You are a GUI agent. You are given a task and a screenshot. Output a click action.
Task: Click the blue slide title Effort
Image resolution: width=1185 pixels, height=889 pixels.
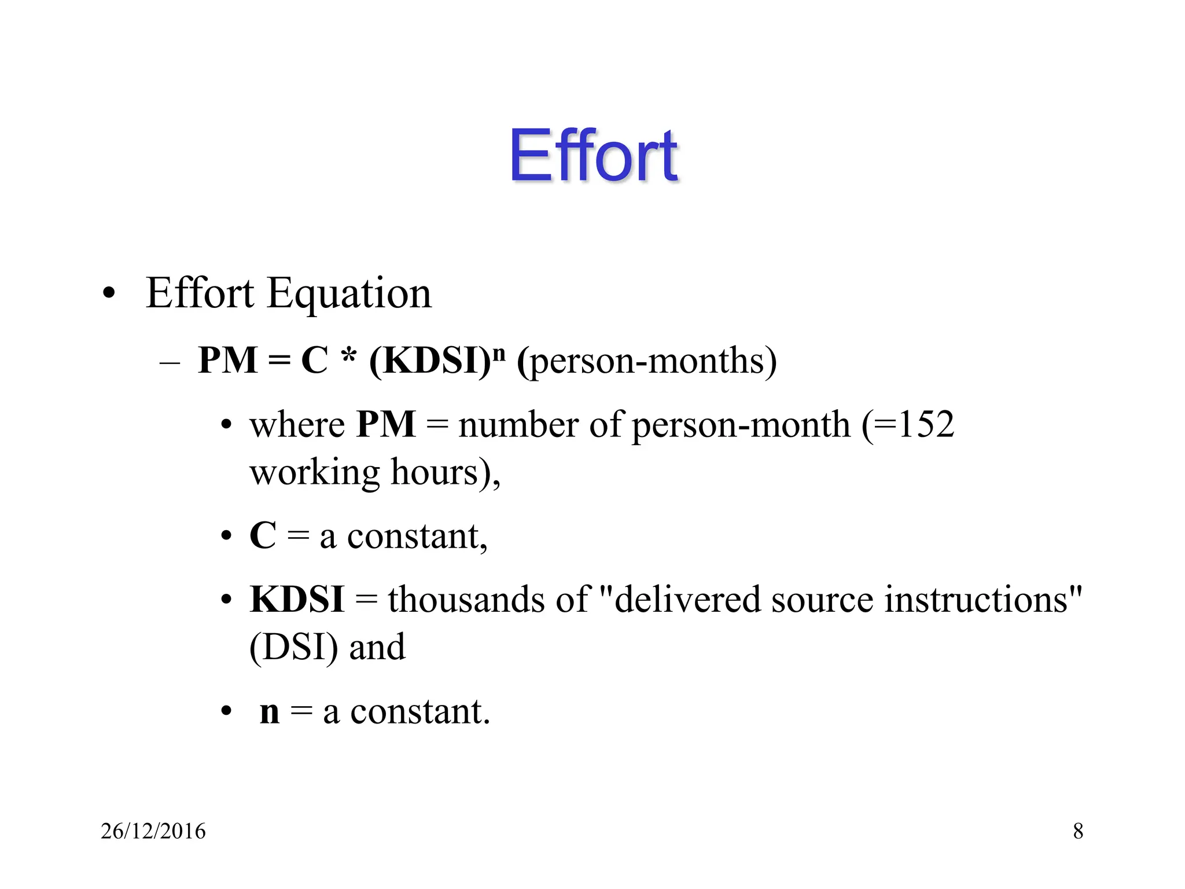click(x=593, y=155)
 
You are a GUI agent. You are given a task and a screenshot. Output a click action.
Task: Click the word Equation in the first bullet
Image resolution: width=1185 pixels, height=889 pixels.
click(x=349, y=294)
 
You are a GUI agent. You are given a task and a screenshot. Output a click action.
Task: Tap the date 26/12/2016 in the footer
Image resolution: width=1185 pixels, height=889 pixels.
click(x=153, y=831)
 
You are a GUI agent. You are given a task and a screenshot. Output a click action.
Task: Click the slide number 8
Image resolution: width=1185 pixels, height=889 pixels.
click(x=1078, y=831)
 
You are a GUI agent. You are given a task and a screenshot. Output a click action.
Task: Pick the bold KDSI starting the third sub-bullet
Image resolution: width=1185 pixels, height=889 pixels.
click(x=297, y=599)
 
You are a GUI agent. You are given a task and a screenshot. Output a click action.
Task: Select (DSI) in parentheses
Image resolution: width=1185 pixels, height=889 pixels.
click(x=293, y=647)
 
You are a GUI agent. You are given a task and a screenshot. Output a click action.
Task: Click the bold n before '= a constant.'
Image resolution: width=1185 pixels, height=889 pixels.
click(x=270, y=712)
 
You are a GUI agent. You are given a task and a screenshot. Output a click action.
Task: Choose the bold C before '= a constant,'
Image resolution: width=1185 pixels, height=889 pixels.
click(x=263, y=535)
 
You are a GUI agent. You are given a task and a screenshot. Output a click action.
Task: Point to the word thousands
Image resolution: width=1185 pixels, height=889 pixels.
click(x=466, y=599)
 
